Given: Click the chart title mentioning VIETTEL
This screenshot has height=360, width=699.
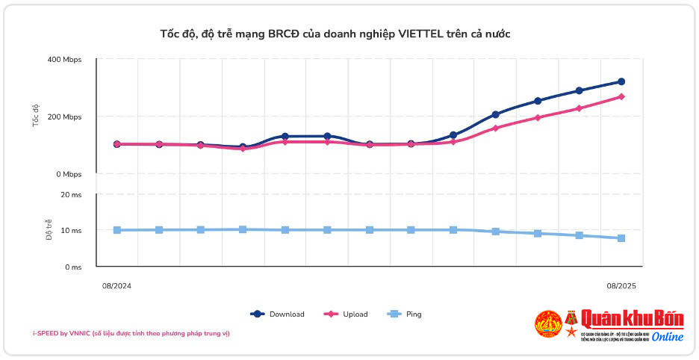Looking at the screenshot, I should [x=335, y=34].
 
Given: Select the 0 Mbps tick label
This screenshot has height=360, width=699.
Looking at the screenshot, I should [x=68, y=175].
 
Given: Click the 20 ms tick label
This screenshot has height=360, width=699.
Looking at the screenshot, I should [x=71, y=195].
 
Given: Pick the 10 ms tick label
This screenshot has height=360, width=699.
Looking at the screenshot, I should [x=71, y=231].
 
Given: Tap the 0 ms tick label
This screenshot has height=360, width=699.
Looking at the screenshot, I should [x=72, y=267].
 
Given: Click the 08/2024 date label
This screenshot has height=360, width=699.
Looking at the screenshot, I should [x=116, y=285].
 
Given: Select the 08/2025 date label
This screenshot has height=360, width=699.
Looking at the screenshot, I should [x=621, y=285].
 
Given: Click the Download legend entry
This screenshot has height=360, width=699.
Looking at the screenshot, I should [x=278, y=314].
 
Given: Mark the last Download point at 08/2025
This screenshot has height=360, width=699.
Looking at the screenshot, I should [x=621, y=81].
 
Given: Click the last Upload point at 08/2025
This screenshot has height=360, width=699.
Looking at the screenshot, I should [x=621, y=96].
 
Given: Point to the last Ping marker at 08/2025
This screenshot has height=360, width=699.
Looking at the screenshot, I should [x=621, y=238].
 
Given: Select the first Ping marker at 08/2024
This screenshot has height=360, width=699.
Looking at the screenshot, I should [x=117, y=230].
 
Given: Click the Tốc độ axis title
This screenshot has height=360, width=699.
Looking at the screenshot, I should [x=36, y=117].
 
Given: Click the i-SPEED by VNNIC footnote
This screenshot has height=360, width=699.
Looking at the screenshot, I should [x=131, y=333].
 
